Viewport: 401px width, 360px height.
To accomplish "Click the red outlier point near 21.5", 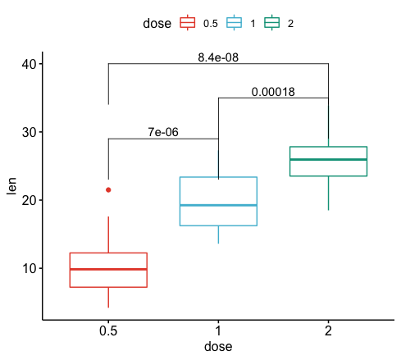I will pyautogui.click(x=108, y=189).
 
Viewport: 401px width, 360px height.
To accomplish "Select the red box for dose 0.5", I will pyautogui.click(x=108, y=270).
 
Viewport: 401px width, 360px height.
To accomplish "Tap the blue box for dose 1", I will pyautogui.click(x=218, y=201).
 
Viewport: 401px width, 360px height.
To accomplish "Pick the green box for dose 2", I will pyautogui.click(x=328, y=161).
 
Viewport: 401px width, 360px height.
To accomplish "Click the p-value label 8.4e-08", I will pyautogui.click(x=218, y=57).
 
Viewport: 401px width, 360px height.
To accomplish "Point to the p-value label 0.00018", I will pyautogui.click(x=273, y=92).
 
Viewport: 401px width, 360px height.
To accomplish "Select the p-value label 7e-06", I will pyautogui.click(x=163, y=132).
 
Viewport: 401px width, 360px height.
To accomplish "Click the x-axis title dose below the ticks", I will pyautogui.click(x=218, y=347).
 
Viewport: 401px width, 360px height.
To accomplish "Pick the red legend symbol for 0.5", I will pyautogui.click(x=187, y=24).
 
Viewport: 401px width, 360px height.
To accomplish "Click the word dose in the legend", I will pyautogui.click(x=157, y=24).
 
